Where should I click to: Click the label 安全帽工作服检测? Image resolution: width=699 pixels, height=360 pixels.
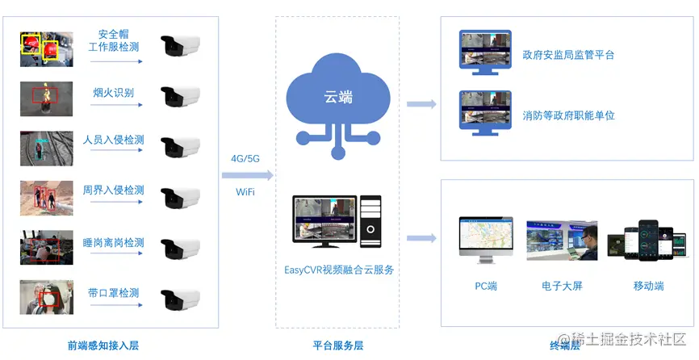pos(114,41)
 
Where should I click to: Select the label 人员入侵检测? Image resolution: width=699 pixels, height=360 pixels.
pos(114,140)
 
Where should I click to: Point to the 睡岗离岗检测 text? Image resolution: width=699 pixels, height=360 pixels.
pos(114,242)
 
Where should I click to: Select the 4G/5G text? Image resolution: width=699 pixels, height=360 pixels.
pos(245,158)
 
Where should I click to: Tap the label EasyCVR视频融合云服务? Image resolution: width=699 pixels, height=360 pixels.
pos(338,270)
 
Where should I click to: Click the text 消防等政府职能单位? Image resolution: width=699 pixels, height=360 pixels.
pos(568,115)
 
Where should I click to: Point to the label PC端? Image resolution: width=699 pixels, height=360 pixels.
pos(486,286)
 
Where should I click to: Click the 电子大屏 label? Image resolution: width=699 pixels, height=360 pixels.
pos(562,286)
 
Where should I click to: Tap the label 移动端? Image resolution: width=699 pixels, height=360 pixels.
pos(649,286)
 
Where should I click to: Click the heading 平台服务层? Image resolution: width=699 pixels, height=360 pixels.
pos(337,345)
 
